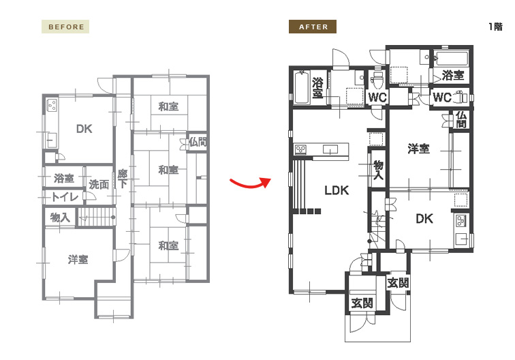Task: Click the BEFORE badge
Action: pyautogui.click(x=65, y=27)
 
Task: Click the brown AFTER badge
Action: pyautogui.click(x=313, y=27)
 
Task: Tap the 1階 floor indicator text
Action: pyautogui.click(x=495, y=27)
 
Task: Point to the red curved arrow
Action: pyautogui.click(x=250, y=183)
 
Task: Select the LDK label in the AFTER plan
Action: pyautogui.click(x=337, y=190)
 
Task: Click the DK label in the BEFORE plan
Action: pyautogui.click(x=84, y=129)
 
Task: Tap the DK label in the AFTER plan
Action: pyautogui.click(x=424, y=219)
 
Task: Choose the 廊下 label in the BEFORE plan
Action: pyautogui.click(x=122, y=179)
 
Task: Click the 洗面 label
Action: pyautogui.click(x=99, y=185)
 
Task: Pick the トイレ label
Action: pyautogui.click(x=65, y=196)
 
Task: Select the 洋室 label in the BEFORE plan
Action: pyautogui.click(x=78, y=259)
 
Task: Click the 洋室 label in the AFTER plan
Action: pyautogui.click(x=418, y=149)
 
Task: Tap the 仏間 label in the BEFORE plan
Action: pyautogui.click(x=198, y=142)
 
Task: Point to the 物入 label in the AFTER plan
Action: pyautogui.click(x=379, y=170)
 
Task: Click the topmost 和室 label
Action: pyautogui.click(x=168, y=106)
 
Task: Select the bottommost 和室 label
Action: pyautogui.click(x=168, y=245)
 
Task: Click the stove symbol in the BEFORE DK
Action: pyautogui.click(x=52, y=105)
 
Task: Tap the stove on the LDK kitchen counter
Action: pyautogui.click(x=300, y=149)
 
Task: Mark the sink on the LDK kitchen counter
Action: pyautogui.click(x=330, y=149)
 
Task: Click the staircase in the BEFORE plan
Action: pyautogui.click(x=97, y=217)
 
